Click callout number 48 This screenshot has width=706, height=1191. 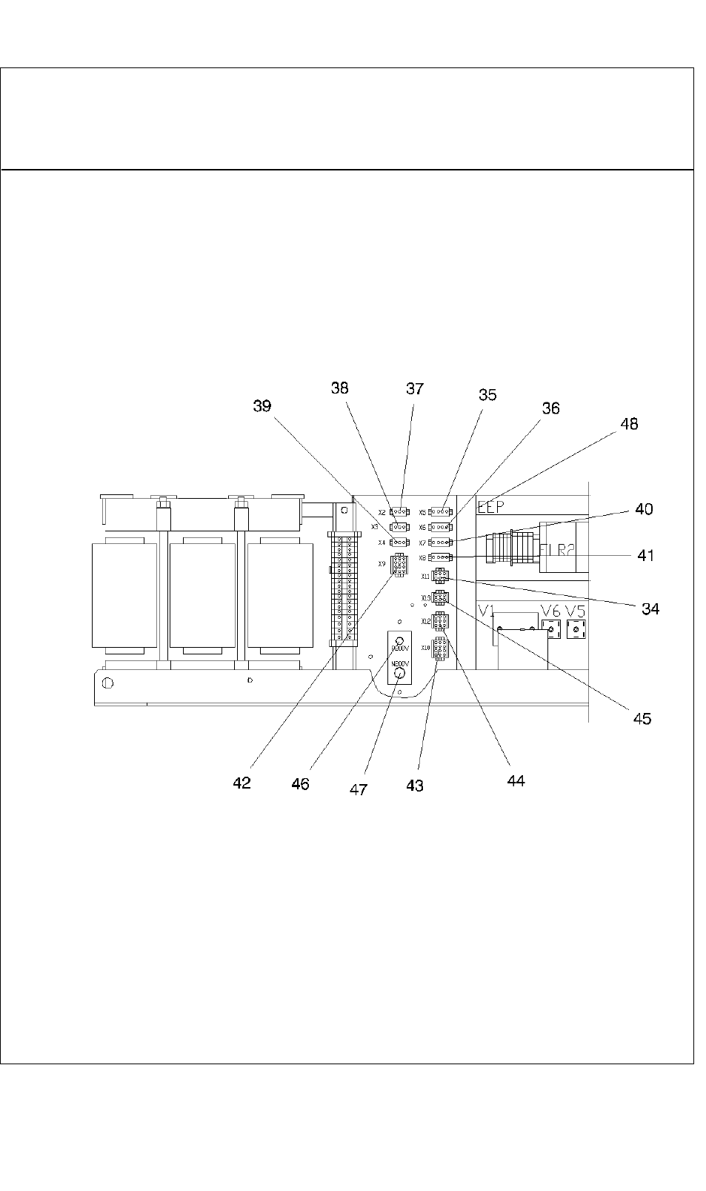click(629, 424)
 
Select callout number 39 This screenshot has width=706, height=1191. click(262, 406)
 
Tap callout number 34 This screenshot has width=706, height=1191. click(650, 609)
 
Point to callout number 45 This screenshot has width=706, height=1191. click(642, 718)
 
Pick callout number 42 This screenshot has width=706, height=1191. click(242, 783)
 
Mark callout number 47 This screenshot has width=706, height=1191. click(359, 789)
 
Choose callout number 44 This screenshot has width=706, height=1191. click(516, 780)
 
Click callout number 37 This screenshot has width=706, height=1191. click(415, 388)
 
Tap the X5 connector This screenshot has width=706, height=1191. click(441, 511)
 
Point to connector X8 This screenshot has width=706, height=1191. click(441, 557)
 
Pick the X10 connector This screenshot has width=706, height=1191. click(440, 649)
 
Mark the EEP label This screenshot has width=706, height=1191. click(490, 508)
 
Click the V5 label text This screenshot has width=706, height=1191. click(576, 611)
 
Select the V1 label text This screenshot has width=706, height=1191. click(486, 611)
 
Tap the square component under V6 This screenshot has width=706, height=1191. click(550, 629)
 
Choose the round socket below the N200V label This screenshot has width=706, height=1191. click(400, 673)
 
